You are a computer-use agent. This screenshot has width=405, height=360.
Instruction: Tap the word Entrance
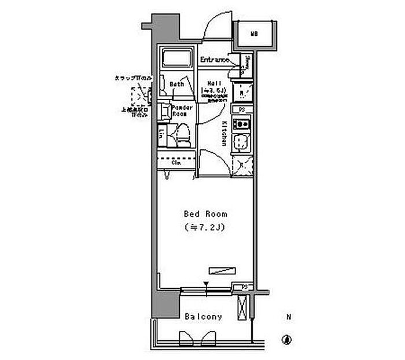(x=213, y=60)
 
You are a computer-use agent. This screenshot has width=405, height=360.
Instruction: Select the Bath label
(x=176, y=85)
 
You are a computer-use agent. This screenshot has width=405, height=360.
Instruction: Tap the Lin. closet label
(x=161, y=134)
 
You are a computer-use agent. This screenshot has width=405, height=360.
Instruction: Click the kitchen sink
(x=241, y=142)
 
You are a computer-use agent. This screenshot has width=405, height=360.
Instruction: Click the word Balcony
(x=203, y=317)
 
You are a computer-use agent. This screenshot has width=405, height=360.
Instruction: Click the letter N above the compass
(x=288, y=317)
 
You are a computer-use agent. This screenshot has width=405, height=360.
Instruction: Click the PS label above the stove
(x=241, y=109)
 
